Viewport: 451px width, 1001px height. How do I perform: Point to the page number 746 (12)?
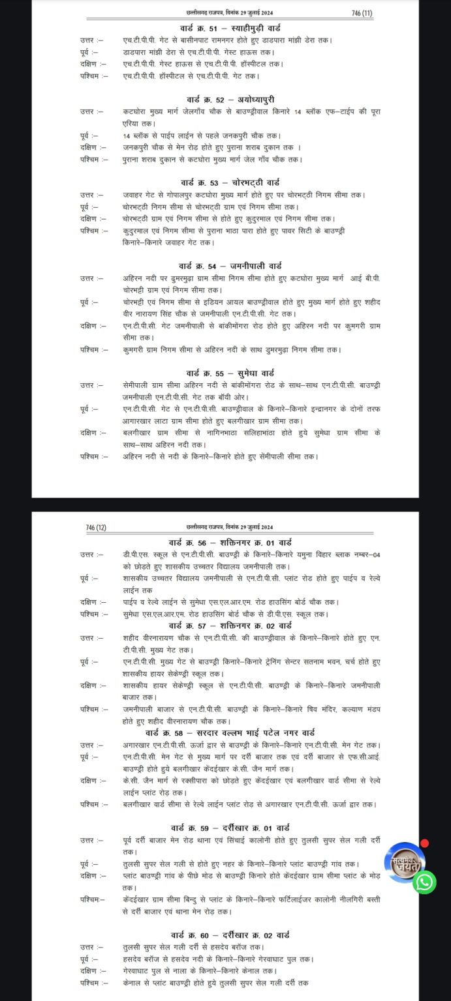click(96, 527)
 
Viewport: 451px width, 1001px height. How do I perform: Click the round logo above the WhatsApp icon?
click(405, 860)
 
